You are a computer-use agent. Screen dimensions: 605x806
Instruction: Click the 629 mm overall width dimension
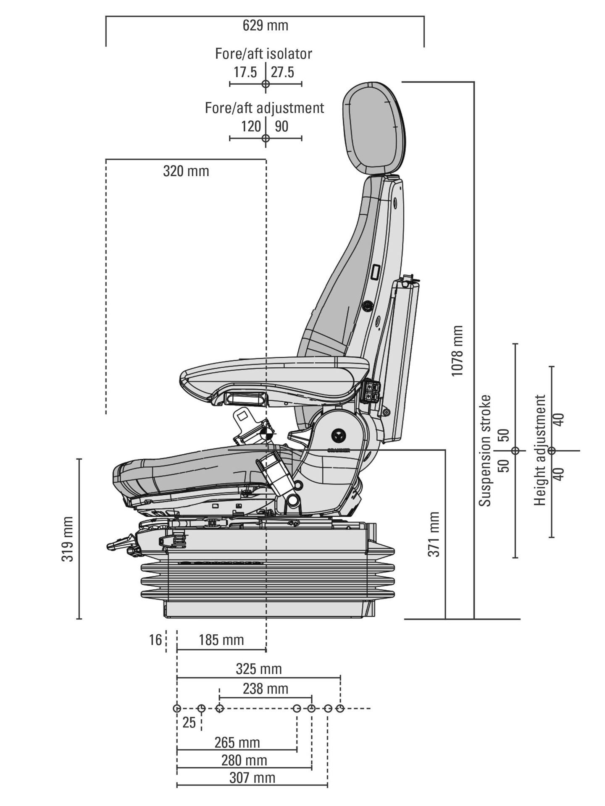(x=266, y=26)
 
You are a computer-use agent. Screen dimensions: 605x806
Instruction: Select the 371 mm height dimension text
(x=434, y=534)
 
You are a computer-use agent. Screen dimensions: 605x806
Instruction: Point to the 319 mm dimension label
(x=68, y=539)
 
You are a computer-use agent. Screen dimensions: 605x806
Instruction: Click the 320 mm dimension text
(x=186, y=171)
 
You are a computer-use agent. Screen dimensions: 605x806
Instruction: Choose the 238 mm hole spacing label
(x=266, y=689)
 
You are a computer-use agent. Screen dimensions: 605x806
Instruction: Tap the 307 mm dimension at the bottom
(x=253, y=778)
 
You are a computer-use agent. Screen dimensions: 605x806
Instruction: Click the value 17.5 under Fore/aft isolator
(x=245, y=72)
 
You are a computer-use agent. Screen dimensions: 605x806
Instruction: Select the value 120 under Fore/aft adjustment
(x=251, y=126)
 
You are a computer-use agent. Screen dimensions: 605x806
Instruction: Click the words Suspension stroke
(x=485, y=450)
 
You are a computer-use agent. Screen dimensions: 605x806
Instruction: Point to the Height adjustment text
(x=540, y=450)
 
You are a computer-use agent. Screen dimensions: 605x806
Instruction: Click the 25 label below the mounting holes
(x=189, y=722)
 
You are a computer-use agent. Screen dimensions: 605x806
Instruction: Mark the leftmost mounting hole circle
(x=177, y=709)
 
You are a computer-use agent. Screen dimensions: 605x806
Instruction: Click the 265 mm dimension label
(x=237, y=743)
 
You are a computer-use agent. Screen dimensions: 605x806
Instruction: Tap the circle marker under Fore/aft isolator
(x=266, y=84)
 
